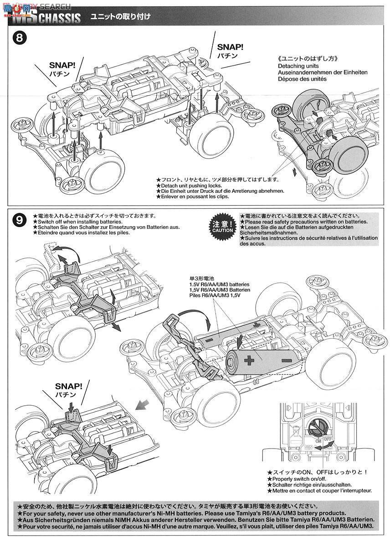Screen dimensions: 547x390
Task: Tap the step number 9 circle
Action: (x=19, y=221)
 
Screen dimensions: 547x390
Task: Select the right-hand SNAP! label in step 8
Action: (x=230, y=46)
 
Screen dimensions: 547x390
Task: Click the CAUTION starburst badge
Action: (x=222, y=227)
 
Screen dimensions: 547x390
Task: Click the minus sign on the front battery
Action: (x=287, y=361)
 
